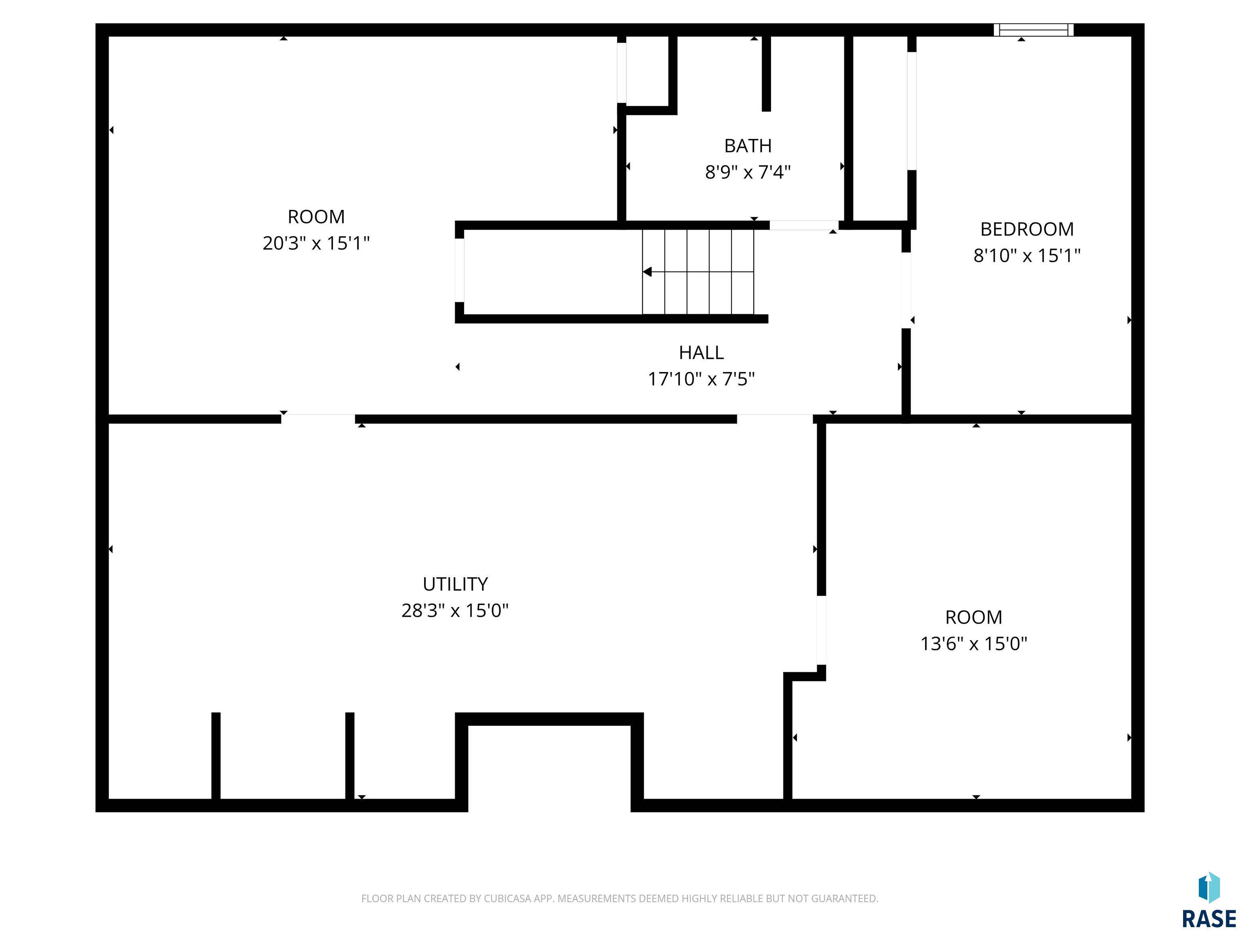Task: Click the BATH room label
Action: pos(748,146)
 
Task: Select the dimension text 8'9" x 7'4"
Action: pos(748,172)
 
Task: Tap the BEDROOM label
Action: pos(1027,229)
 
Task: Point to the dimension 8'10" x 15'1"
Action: pos(1027,255)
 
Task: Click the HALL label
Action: pos(701,353)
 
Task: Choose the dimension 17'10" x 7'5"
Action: pos(701,379)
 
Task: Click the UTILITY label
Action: pos(455,584)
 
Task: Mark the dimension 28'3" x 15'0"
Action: pos(455,610)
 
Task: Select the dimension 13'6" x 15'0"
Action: pos(974,643)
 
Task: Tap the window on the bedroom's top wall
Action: pos(1034,30)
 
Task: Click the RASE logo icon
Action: pos(1209,888)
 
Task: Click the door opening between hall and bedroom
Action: pos(906,290)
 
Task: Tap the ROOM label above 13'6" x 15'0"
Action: pos(974,617)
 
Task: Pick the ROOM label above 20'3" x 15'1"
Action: pos(316,216)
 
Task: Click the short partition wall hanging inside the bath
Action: pos(766,73)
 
